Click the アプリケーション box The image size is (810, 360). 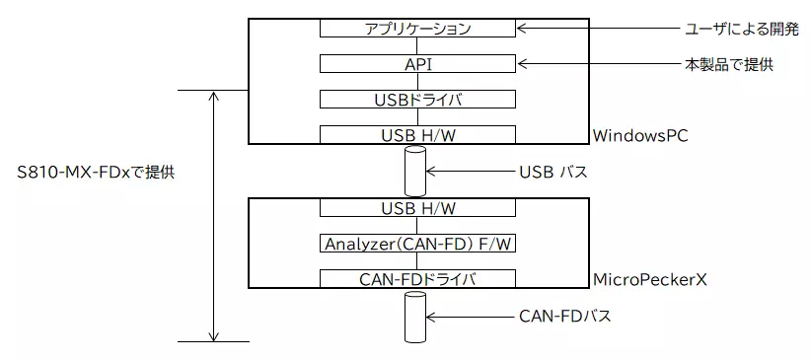click(417, 29)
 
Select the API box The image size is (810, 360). click(417, 64)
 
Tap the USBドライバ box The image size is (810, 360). click(417, 100)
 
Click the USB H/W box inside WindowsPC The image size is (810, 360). click(417, 135)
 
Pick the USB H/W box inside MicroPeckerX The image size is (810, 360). click(417, 208)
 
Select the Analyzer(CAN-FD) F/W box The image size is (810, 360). click(417, 244)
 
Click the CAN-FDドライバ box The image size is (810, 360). click(417, 279)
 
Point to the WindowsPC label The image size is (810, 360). click(639, 135)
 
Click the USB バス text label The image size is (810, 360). click(552, 172)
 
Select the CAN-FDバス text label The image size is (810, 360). click(564, 317)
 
